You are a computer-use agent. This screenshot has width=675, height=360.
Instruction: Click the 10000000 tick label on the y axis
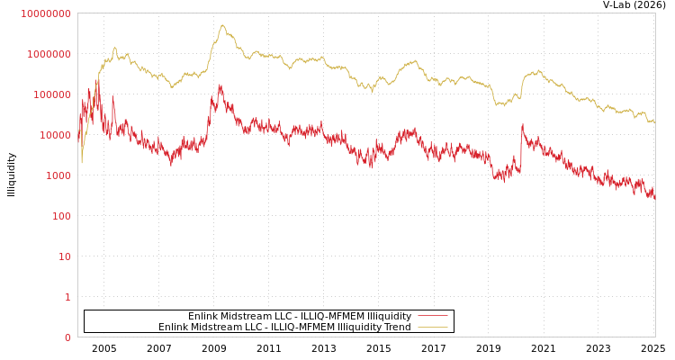(46, 13)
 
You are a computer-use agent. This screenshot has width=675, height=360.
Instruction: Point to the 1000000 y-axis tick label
(49, 54)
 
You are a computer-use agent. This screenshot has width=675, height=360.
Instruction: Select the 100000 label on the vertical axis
(51, 94)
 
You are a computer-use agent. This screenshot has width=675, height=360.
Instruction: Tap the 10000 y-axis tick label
(54, 135)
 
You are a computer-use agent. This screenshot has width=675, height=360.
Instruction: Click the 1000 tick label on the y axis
(57, 175)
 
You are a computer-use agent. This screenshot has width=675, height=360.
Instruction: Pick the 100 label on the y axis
(59, 216)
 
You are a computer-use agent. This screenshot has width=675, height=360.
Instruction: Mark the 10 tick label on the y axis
(63, 256)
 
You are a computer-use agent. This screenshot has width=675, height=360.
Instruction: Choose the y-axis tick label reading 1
(67, 297)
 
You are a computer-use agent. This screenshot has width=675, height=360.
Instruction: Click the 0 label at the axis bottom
(67, 337)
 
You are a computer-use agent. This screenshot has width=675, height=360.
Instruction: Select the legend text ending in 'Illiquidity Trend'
(284, 327)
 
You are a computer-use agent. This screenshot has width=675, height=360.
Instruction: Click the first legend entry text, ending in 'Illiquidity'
(299, 316)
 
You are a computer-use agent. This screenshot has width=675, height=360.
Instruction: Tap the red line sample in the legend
(433, 316)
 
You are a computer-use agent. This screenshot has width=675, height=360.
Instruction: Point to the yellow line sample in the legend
(433, 327)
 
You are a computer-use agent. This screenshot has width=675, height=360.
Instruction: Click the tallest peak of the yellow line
(222, 25)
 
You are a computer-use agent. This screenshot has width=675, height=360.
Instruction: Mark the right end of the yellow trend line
(654, 121)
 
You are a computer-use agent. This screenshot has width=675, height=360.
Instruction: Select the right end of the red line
(654, 197)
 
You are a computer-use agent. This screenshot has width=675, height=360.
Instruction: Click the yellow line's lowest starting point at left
(82, 162)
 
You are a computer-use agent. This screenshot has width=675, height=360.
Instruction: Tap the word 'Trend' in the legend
(396, 327)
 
